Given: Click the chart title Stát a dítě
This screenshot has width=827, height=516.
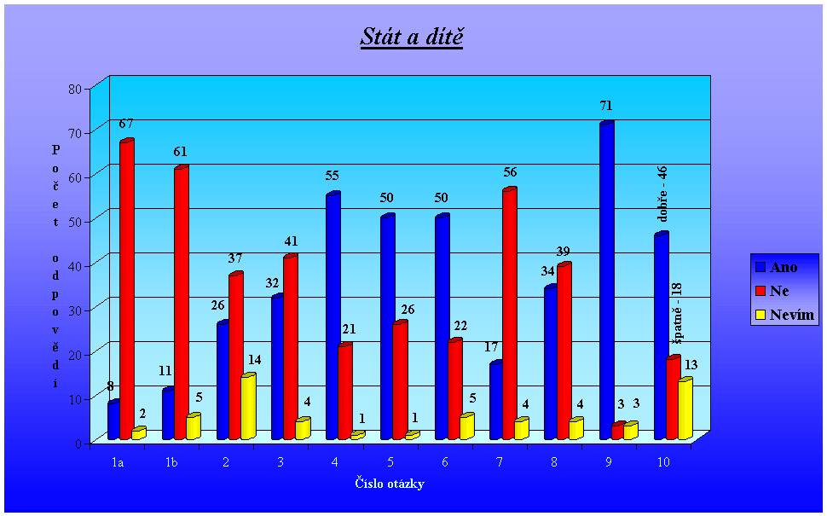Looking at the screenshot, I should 412,37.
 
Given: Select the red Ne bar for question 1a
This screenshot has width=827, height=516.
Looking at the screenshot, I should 126,290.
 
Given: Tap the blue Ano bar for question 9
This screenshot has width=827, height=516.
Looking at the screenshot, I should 606,281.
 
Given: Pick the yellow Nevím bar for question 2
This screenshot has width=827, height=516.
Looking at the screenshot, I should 247,408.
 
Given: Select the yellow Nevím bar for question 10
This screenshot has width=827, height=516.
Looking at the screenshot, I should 684,409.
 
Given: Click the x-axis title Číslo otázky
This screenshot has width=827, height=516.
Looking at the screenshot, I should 390,484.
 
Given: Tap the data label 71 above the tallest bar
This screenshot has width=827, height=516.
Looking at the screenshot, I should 606,106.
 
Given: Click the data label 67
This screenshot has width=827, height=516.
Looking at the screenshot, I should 127,125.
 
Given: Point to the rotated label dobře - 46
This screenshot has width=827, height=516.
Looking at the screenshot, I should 662,194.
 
